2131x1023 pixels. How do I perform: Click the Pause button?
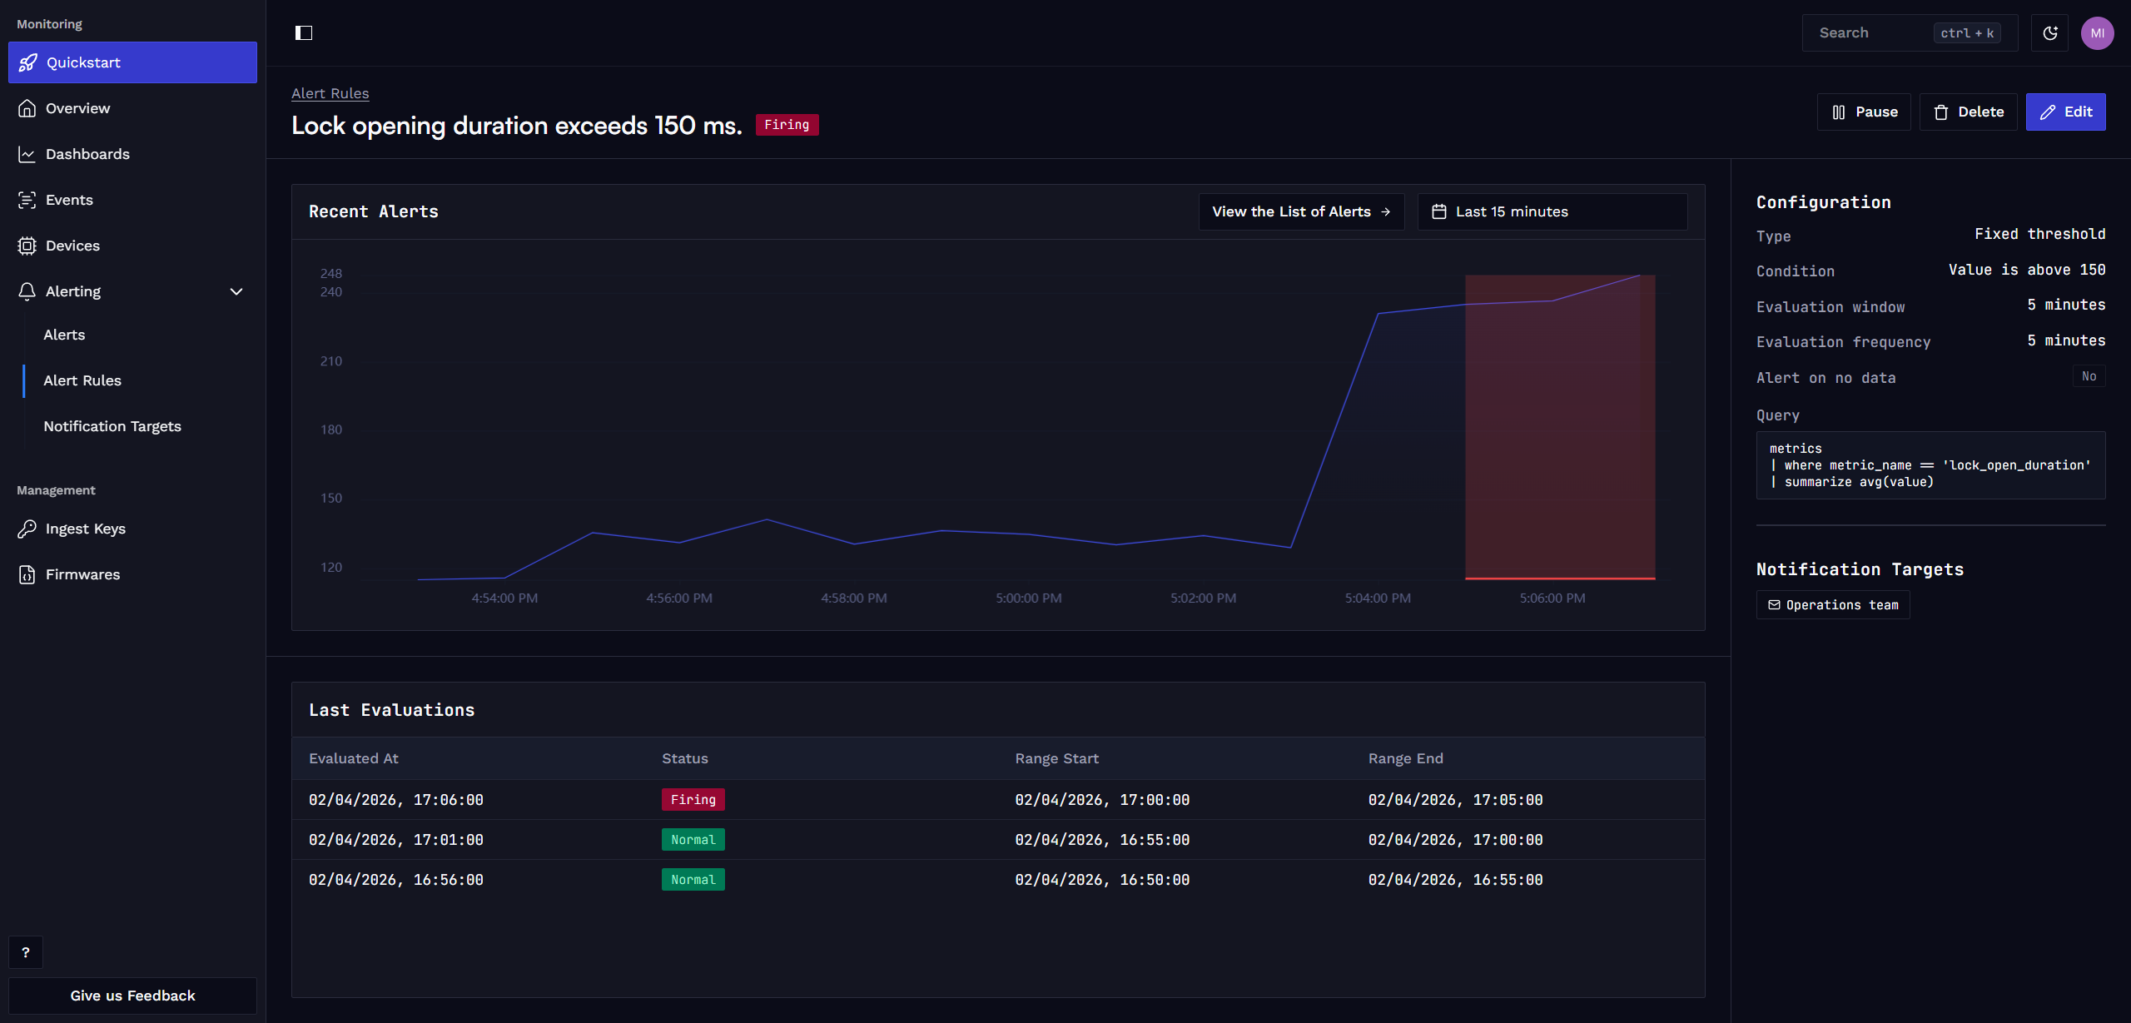1864,112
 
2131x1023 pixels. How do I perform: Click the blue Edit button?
2065,112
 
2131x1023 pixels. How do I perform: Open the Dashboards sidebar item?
87,154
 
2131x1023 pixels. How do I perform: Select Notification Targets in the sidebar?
112,426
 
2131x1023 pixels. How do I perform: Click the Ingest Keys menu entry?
86,529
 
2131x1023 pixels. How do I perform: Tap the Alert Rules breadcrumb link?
330,93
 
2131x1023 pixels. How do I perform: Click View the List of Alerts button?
1301,211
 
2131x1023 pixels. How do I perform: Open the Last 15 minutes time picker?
1552,211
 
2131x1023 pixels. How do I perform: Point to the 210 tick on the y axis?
331,360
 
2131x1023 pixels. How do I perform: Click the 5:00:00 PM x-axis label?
1029,598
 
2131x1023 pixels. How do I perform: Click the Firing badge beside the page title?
787,125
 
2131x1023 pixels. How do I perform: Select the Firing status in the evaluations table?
693,800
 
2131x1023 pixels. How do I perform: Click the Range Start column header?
1057,758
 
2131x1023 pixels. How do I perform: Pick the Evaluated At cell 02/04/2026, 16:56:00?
396,880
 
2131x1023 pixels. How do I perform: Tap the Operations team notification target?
1833,605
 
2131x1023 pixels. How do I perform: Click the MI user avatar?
2097,33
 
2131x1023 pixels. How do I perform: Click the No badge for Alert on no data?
2089,376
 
